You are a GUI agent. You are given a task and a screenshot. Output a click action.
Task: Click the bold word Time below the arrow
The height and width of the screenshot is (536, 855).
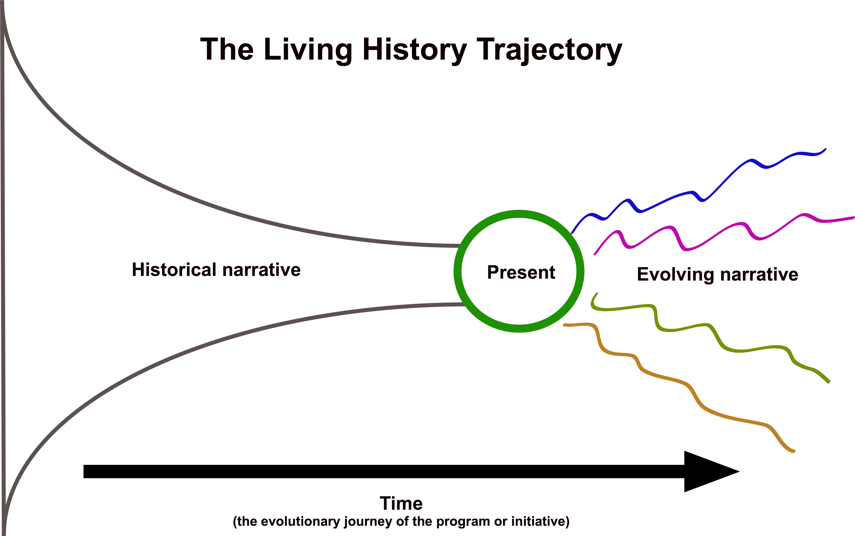(x=401, y=503)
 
